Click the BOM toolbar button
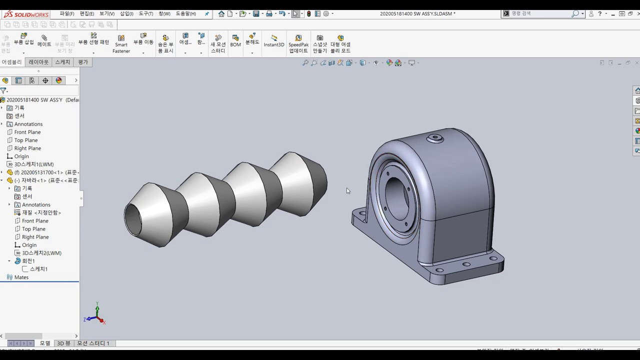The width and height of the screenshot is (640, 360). [235, 41]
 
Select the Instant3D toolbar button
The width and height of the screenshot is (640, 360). [273, 41]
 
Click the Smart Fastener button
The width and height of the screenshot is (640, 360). [121, 44]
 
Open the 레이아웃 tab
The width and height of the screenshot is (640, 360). [38, 62]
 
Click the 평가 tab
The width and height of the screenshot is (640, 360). [83, 62]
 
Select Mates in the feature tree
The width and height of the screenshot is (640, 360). [21, 277]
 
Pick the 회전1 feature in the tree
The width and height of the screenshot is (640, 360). [28, 261]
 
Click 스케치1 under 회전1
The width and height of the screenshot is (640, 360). [38, 269]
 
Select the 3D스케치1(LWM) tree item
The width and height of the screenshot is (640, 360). [33, 164]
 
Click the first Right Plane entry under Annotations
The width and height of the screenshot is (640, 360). [27, 148]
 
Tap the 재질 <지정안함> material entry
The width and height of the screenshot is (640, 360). [41, 212]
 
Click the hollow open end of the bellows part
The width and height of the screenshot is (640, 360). [133, 218]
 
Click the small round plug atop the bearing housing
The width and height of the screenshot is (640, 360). [435, 137]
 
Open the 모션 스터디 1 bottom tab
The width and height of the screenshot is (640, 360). [93, 343]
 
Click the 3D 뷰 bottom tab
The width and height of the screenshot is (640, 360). [63, 343]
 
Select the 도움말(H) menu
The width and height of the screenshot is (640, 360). [185, 13]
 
